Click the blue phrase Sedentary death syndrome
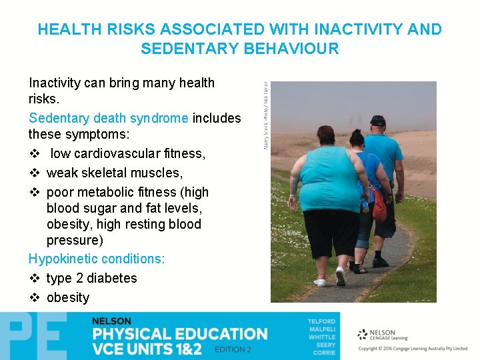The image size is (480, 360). tap(109, 118)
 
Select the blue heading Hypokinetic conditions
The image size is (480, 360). tap(97, 259)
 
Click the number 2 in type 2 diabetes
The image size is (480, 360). tap(79, 278)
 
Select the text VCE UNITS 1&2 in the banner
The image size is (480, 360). tap(147, 349)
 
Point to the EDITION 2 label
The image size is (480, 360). tap(233, 350)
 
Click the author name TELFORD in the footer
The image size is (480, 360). tap(321, 321)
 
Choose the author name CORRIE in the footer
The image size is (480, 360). tap(323, 353)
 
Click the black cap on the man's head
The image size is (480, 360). tap(378, 121)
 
